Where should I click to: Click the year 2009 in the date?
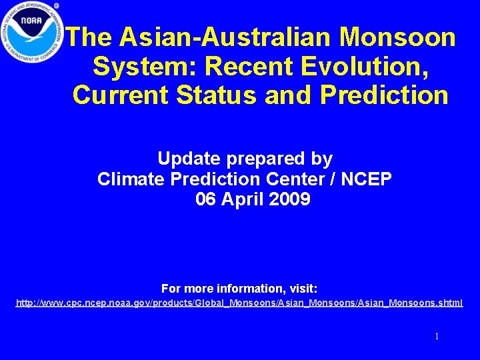(291, 199)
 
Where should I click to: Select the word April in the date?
(245, 199)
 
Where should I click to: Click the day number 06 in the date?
(207, 199)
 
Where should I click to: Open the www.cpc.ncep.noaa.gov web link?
(239, 303)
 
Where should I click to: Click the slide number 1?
(437, 337)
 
